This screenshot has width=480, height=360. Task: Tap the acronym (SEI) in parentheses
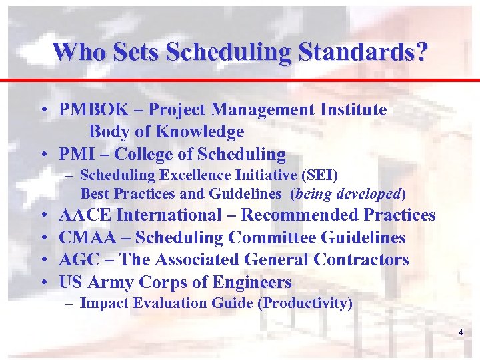pos(320,176)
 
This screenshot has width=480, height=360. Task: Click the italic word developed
pos(368,195)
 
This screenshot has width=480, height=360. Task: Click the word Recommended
pos(300,215)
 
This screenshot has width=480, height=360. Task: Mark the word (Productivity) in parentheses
pos(306,303)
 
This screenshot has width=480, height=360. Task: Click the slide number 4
pos(460,332)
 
